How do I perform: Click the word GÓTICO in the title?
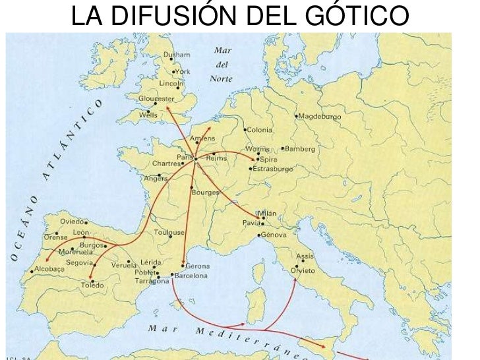coord(352,16)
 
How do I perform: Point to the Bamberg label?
coord(301,149)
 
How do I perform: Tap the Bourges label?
coord(205,193)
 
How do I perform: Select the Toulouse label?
coord(169,232)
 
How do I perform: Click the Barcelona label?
coord(192,276)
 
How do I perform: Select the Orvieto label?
coord(303,271)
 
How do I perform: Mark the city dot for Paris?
coord(196,159)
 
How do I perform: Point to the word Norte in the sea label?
coord(222,78)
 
